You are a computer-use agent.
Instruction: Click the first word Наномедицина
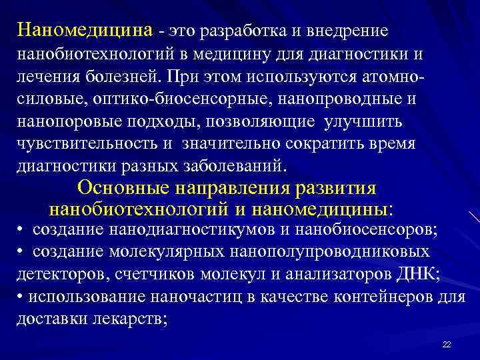(86, 31)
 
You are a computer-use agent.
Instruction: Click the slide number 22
(447, 344)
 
